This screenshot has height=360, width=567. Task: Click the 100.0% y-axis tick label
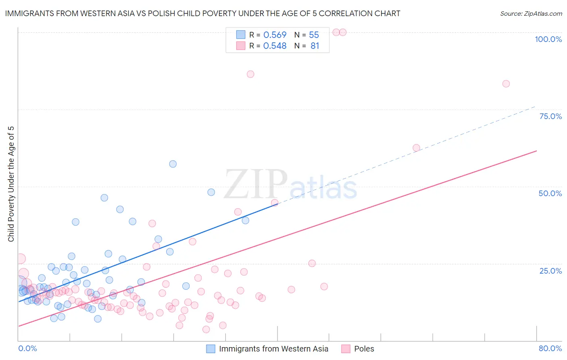(548, 39)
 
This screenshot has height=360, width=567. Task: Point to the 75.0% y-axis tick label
(550, 116)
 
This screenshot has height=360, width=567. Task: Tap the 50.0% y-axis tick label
(550, 193)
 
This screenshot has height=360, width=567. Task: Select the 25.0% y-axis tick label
(550, 270)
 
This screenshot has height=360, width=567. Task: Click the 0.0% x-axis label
(27, 348)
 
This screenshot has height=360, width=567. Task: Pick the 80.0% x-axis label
(550, 348)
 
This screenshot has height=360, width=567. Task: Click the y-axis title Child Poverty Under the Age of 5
(11, 184)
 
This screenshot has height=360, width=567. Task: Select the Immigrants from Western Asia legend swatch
(211, 349)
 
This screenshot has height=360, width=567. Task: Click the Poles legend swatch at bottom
(346, 349)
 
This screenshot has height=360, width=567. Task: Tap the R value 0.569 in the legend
(275, 35)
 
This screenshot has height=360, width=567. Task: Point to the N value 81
(315, 46)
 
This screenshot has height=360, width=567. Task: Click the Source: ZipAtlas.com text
(531, 14)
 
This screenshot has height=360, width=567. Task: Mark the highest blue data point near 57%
(173, 164)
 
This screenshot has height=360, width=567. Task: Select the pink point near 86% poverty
(250, 74)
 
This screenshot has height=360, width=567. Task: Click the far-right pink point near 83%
(506, 84)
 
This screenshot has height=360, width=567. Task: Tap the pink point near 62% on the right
(417, 148)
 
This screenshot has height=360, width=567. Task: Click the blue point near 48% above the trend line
(211, 192)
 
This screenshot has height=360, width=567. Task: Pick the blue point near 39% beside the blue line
(246, 220)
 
